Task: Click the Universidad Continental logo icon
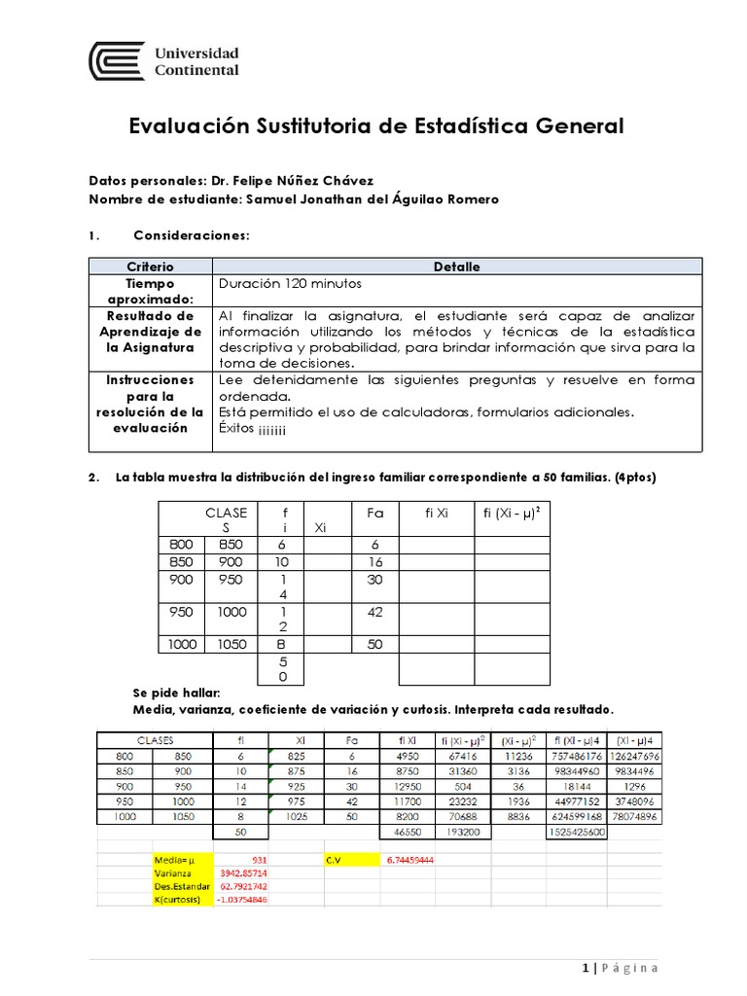coord(117,61)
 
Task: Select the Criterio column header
coord(150,267)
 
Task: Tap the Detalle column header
coord(456,267)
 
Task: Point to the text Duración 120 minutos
coord(290,284)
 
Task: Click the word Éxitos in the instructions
coord(236,428)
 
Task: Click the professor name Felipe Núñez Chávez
coord(278,181)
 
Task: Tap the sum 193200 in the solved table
coord(462,834)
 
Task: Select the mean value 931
coord(259,861)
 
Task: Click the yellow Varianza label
coord(173,873)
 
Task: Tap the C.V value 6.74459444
coord(409,861)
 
